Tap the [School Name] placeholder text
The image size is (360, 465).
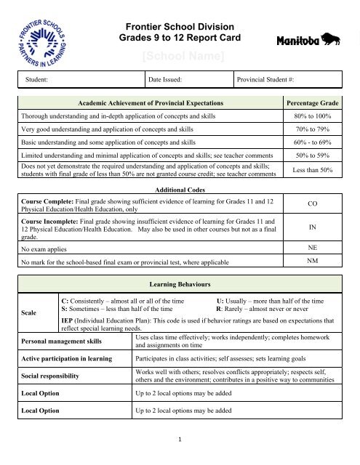coord(179,56)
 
